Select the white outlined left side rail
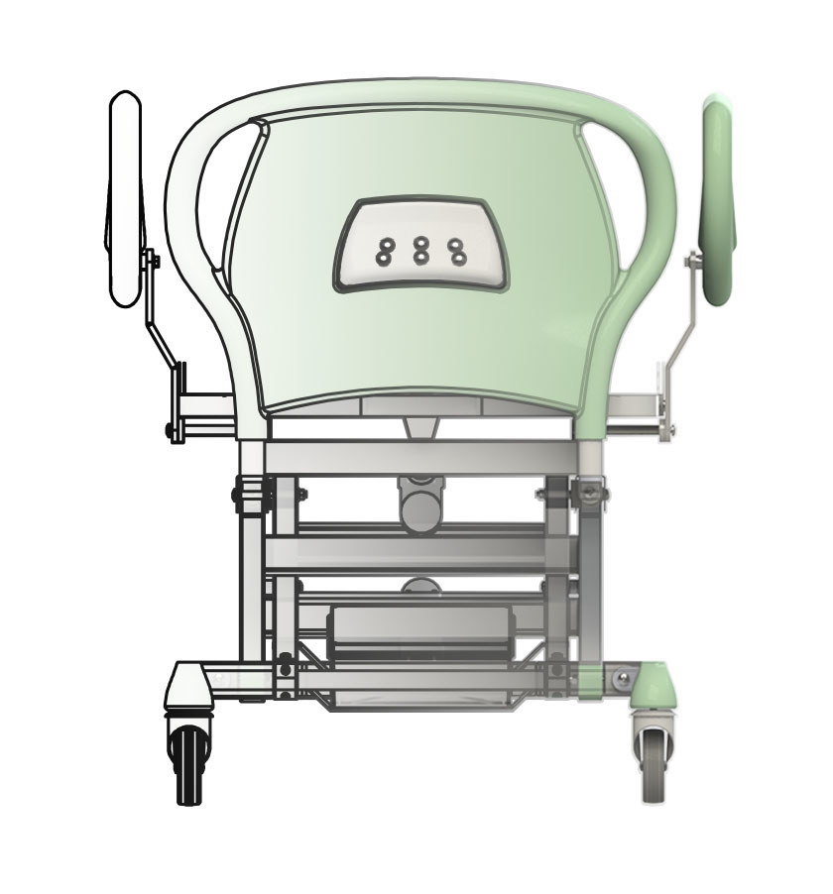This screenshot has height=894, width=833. coord(125,198)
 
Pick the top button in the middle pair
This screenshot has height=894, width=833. coord(421,243)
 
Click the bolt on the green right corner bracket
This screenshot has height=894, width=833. coord(622,678)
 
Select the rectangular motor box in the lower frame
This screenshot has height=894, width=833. coord(421,634)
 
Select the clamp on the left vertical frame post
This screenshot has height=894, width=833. coord(253,493)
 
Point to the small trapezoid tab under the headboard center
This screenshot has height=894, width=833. coord(422,426)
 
